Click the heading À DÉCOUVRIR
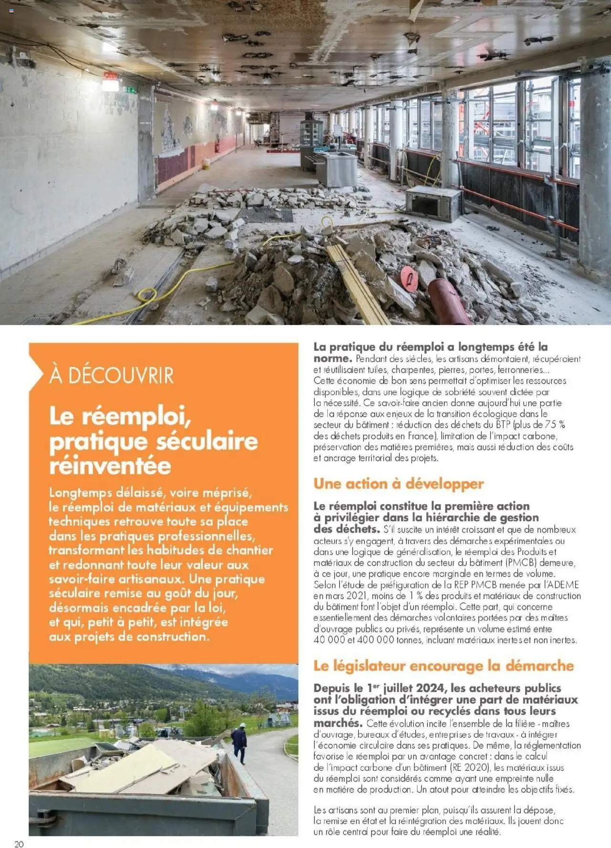[112, 376]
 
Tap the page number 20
[19, 844]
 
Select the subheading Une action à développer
[399, 484]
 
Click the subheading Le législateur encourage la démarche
[443, 666]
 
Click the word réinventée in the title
[110, 466]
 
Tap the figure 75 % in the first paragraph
[555, 425]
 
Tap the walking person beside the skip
[240, 743]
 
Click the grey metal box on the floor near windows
[433, 203]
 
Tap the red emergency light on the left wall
[110, 82]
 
